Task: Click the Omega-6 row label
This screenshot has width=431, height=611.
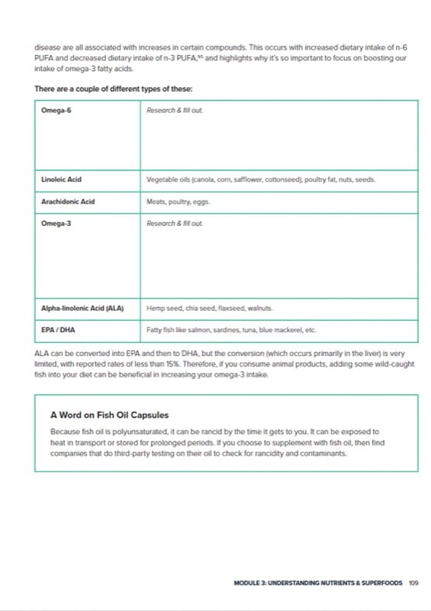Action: pos(56,111)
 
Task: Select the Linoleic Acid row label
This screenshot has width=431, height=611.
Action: pos(62,180)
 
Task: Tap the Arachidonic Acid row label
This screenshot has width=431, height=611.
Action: pos(69,202)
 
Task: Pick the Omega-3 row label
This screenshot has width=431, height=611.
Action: pos(56,224)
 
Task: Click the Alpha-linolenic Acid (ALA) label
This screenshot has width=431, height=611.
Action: pos(82,309)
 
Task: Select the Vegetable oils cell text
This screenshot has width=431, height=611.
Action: pos(260,180)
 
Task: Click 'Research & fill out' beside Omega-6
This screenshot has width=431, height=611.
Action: pos(175,111)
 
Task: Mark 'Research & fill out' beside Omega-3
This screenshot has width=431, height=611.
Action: pos(175,224)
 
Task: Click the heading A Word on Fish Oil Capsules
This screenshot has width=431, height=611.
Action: pos(114,415)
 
